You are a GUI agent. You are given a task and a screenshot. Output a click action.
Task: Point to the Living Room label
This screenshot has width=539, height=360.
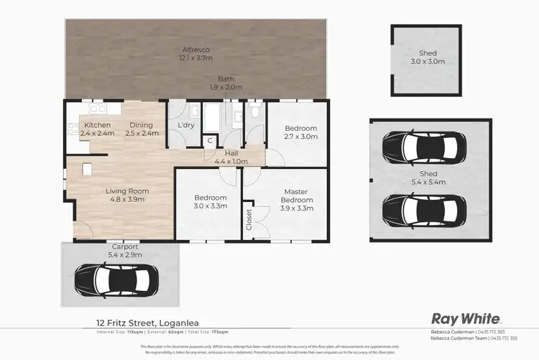click(127, 195)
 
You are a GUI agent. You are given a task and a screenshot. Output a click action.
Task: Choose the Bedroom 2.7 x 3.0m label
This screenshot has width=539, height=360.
click(300, 133)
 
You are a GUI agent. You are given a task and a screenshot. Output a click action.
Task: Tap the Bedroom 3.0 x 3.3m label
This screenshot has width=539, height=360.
click(211, 202)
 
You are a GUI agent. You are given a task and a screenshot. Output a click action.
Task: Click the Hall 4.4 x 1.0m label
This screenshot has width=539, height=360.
click(231, 157)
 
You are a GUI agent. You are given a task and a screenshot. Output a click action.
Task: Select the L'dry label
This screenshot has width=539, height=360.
click(185, 126)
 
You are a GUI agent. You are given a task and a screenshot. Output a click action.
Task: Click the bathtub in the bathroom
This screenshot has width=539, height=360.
click(212, 118)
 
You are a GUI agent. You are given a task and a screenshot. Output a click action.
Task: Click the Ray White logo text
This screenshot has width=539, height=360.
click(461, 318)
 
